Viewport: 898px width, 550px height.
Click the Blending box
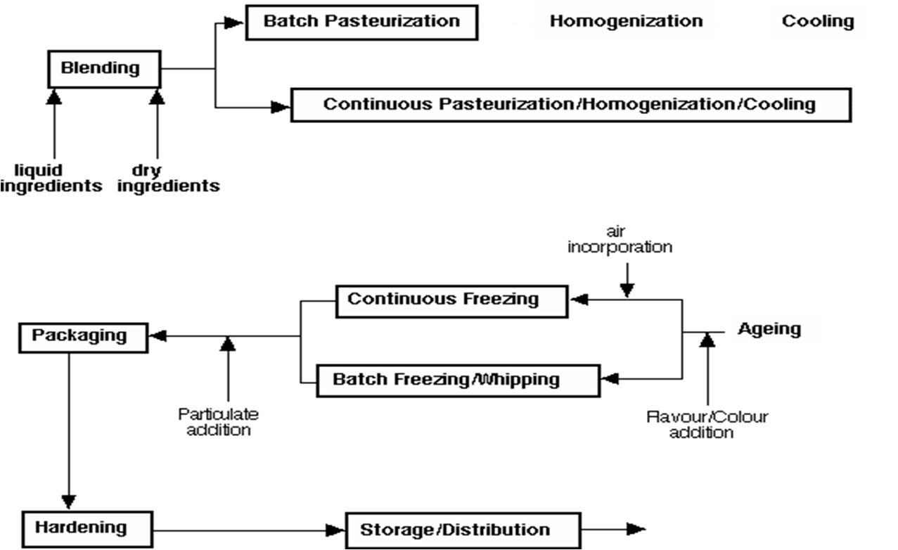coord(104,69)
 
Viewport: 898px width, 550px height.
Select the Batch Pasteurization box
coord(361,23)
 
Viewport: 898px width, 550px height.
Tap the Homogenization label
coord(626,22)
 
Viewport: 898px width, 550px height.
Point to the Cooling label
coord(818,21)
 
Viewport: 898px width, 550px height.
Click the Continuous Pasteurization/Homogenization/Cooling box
coord(571,105)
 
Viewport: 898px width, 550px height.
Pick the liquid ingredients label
coord(51,179)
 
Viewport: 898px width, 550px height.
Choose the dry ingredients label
coord(168,179)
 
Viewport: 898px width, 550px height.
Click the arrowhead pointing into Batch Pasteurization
coord(233,23)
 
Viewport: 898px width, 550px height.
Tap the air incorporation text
coord(620,240)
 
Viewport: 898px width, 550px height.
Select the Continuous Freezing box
coord(451,302)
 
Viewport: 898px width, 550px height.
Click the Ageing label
coord(769,329)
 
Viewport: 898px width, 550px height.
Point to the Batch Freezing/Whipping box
coord(458,380)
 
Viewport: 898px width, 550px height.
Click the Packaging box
coord(84,338)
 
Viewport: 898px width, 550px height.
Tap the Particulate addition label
coord(219,422)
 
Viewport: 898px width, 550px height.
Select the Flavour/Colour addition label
coord(707,425)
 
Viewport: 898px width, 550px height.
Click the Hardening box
coord(87,530)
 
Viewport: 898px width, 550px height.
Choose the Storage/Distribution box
coord(463,531)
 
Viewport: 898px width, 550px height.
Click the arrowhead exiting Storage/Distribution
coord(636,529)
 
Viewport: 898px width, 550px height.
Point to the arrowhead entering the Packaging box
coord(158,335)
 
